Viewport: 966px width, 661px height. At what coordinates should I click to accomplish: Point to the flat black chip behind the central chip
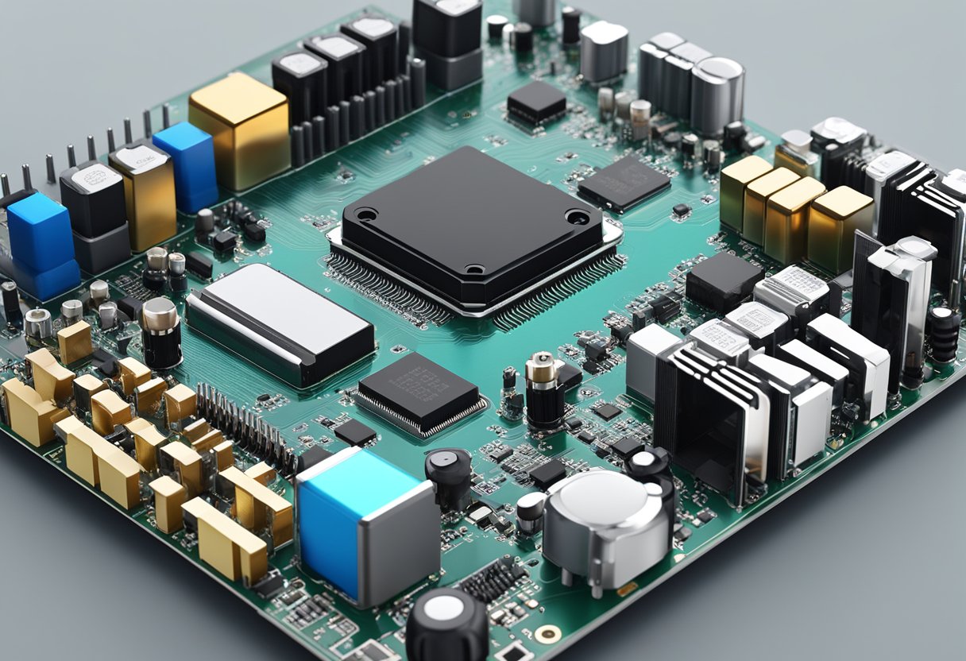(x=624, y=182)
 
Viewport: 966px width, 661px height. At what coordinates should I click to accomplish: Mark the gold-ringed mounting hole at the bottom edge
(x=546, y=634)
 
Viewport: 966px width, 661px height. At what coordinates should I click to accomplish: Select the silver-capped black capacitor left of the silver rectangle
(x=160, y=332)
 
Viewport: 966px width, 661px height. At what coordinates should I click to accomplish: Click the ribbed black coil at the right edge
(x=944, y=334)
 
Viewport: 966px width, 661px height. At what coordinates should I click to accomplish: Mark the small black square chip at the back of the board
(x=537, y=103)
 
